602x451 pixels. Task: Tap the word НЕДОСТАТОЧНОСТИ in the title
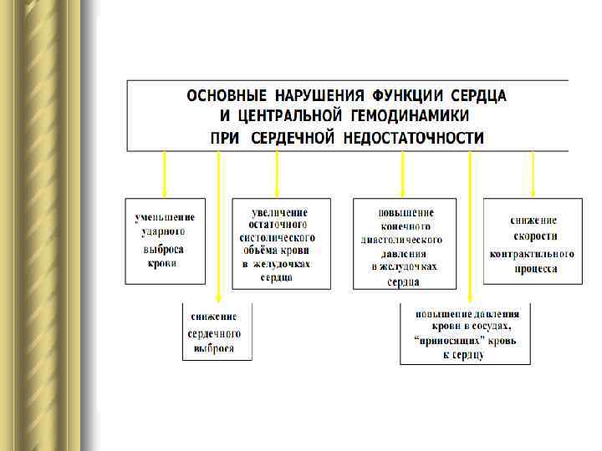pyautogui.click(x=414, y=138)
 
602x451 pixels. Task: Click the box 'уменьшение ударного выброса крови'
pyautogui.click(x=166, y=241)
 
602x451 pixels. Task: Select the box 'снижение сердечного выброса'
pyautogui.click(x=217, y=332)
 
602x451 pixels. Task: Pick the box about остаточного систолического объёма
pyautogui.click(x=281, y=243)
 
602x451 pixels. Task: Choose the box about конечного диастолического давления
pyautogui.click(x=405, y=243)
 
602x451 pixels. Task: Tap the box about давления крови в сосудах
pyautogui.click(x=465, y=333)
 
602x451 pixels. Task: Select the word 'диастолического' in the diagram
pyautogui.click(x=402, y=240)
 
